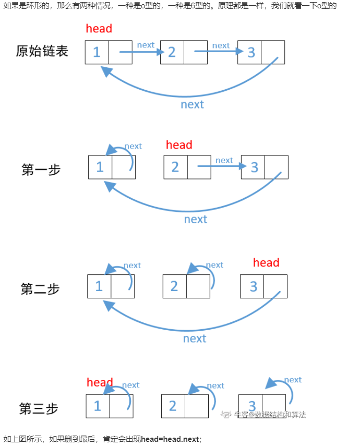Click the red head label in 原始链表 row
coord(99,29)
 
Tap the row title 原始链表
coord(42,51)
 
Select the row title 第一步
coord(41,170)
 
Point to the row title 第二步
coord(40,289)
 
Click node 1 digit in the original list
coord(97,52)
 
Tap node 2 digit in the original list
coord(172,52)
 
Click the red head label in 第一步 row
coord(179,145)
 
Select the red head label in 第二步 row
coord(266,263)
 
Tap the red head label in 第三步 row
coord(100,383)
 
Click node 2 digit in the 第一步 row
coord(175,167)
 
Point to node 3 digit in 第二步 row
coord(254,286)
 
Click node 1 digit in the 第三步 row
coord(98,406)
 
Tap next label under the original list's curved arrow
coord(192,104)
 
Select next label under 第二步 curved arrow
coord(195,339)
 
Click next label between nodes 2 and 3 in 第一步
coord(224,160)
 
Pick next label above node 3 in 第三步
coord(293,380)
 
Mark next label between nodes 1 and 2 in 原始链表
coord(146,45)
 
